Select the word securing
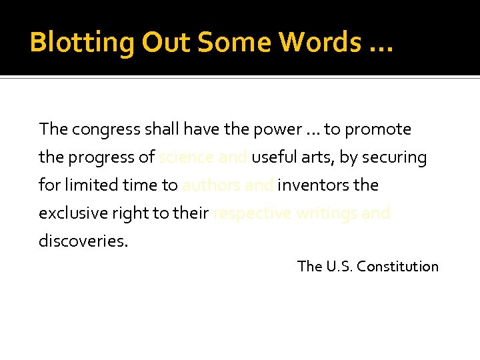[x=396, y=157]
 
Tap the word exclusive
[x=71, y=213]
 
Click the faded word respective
[x=249, y=213]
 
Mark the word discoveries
[x=83, y=241]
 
